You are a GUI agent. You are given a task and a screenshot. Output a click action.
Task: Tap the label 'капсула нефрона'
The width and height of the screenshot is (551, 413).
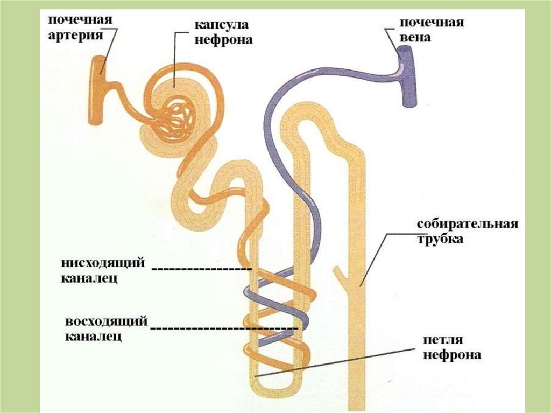pyautogui.click(x=223, y=32)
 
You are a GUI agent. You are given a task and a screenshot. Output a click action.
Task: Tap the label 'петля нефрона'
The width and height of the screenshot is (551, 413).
pyautogui.click(x=451, y=347)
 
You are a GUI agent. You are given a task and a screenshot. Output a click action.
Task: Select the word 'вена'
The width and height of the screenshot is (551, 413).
pyautogui.click(x=415, y=39)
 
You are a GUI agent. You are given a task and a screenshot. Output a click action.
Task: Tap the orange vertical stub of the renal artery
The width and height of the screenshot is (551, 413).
pyautogui.click(x=98, y=90)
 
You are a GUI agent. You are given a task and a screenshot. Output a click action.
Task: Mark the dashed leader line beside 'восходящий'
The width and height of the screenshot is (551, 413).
pyautogui.click(x=223, y=327)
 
